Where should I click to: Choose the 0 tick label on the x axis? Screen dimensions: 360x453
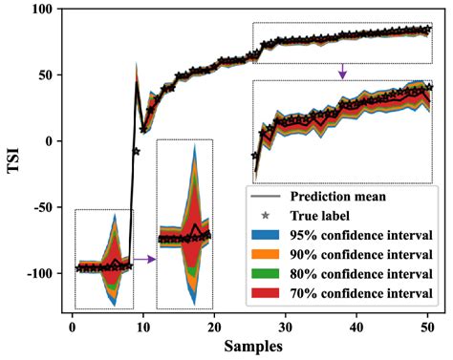(72, 325)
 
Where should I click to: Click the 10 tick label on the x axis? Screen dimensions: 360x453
(142, 325)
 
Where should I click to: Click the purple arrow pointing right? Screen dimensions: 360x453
(143, 258)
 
